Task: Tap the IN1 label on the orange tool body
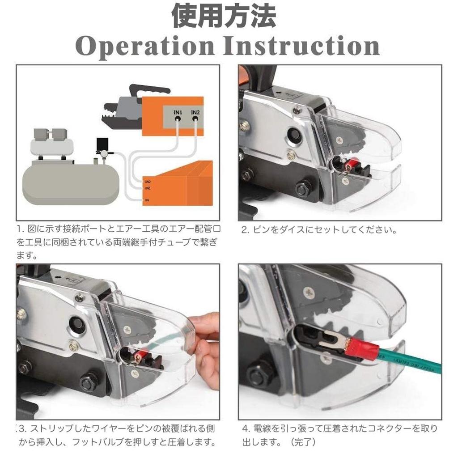178,112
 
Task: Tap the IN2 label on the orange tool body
195,112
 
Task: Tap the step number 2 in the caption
245,231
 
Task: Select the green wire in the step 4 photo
411,362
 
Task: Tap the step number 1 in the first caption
20,229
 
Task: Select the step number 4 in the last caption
245,429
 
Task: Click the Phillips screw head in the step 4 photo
308,293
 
